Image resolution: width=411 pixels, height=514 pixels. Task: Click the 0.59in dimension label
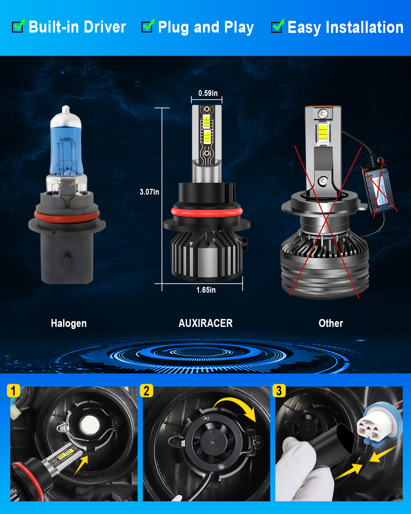tap(208, 93)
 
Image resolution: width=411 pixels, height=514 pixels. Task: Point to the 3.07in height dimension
tap(149, 192)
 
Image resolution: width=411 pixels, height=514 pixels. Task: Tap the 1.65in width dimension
tap(206, 290)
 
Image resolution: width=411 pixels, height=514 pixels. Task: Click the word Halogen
tap(69, 323)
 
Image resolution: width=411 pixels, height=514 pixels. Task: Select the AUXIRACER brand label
tap(206, 323)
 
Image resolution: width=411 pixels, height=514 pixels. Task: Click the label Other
tap(331, 323)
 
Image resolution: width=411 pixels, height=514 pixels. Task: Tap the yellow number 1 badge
tap(13, 391)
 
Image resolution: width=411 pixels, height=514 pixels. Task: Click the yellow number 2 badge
tap(146, 391)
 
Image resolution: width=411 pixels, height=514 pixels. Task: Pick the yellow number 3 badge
tap(279, 391)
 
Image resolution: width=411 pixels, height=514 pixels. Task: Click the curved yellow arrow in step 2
tap(236, 404)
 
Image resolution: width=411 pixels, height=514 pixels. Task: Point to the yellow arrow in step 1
tap(80, 466)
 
